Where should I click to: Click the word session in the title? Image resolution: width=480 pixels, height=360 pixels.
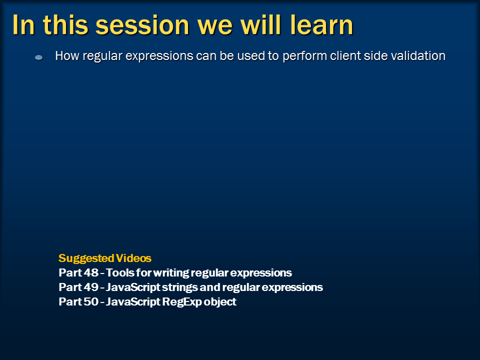142,25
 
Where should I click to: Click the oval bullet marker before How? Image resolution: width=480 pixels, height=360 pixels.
39,57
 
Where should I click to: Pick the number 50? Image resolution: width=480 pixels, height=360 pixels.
91,301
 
